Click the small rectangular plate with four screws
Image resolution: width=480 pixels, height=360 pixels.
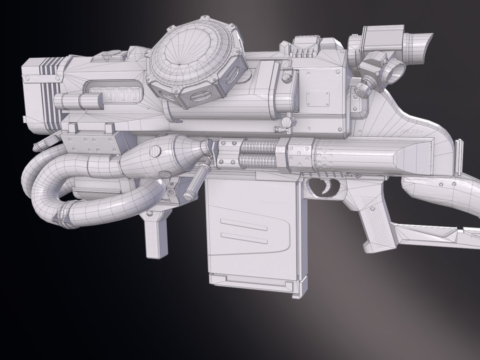pyautogui.click(x=318, y=99)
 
